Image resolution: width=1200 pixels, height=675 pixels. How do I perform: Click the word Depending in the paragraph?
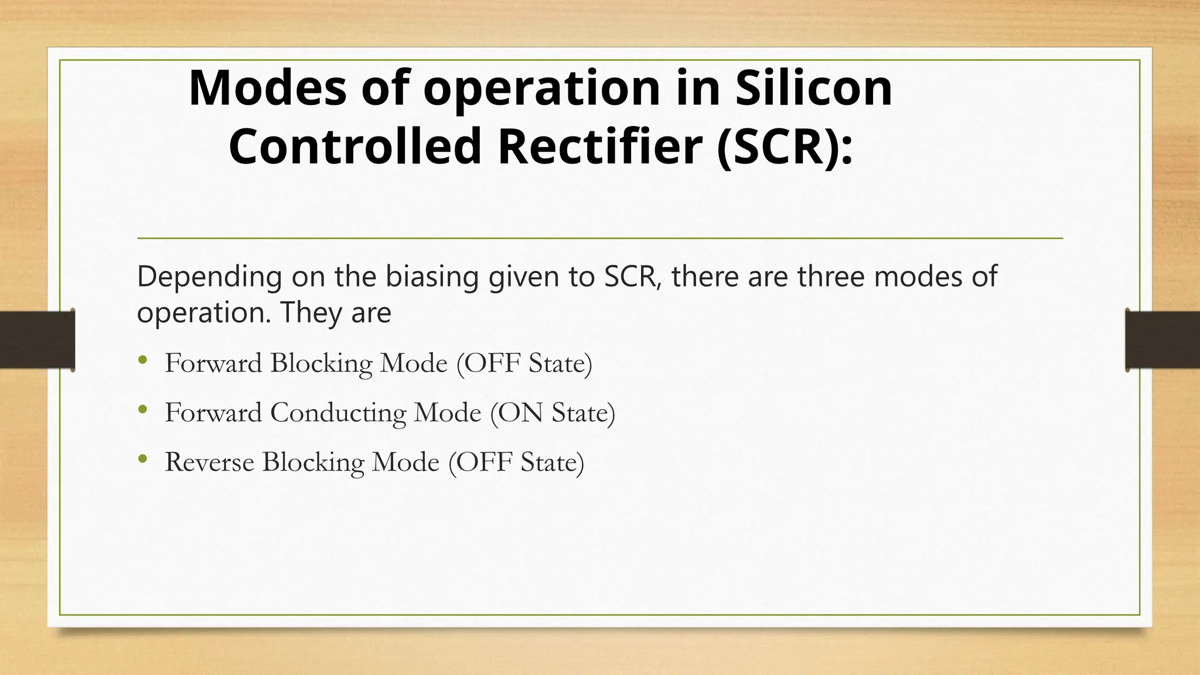click(209, 277)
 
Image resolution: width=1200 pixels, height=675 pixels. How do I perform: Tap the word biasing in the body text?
click(432, 277)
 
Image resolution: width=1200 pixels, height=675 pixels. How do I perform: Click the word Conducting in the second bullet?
click(338, 413)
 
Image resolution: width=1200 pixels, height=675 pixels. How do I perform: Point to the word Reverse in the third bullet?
click(209, 462)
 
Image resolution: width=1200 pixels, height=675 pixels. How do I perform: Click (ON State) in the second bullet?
click(553, 413)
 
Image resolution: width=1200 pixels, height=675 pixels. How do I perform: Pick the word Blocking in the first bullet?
click(321, 363)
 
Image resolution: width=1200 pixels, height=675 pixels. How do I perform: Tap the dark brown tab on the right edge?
click(1162, 340)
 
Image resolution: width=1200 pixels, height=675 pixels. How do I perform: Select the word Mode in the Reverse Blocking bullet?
click(405, 462)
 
